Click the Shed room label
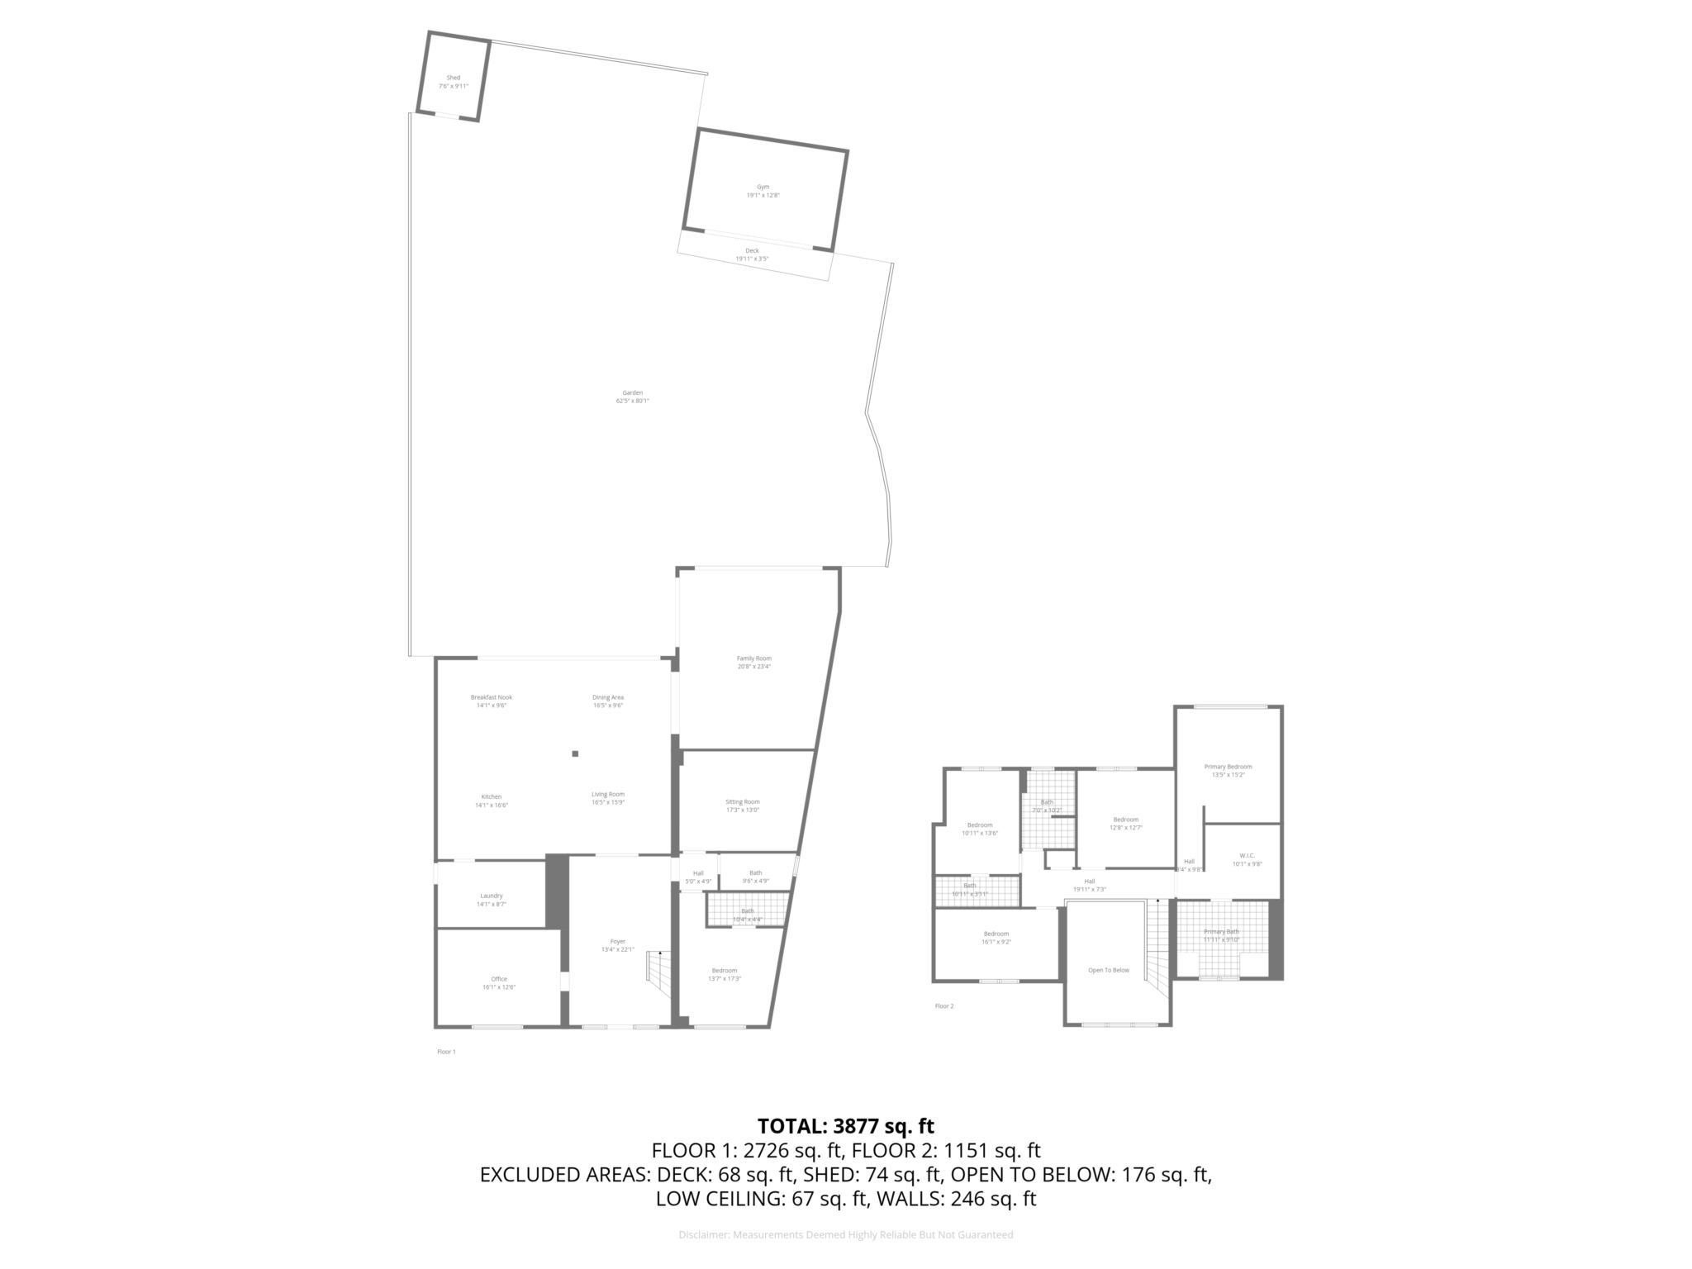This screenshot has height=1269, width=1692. [x=453, y=78]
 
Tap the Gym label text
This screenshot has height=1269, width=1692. [x=763, y=188]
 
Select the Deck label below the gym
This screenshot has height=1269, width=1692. [x=752, y=250]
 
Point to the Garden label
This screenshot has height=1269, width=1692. [x=632, y=392]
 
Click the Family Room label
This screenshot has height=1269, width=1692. [x=753, y=658]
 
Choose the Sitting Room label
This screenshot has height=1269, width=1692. [x=742, y=801]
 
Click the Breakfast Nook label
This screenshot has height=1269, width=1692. [x=491, y=697]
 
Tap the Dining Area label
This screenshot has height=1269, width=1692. [x=607, y=697]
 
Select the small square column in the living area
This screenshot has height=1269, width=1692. [x=575, y=753]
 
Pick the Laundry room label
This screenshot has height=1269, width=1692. [x=491, y=896]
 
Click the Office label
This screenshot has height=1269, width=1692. [x=499, y=979]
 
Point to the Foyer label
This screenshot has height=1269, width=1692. [x=617, y=941]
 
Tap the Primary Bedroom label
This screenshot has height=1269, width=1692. [x=1228, y=767]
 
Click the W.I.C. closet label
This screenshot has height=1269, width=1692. [x=1247, y=855]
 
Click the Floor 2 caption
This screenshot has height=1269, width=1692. [x=943, y=1006]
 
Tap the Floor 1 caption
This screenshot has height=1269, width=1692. [x=446, y=1052]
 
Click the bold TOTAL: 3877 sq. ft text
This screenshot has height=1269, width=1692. [x=845, y=1126]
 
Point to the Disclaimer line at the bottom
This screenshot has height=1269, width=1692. [x=845, y=1235]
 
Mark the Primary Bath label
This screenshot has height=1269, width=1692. [x=1221, y=932]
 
